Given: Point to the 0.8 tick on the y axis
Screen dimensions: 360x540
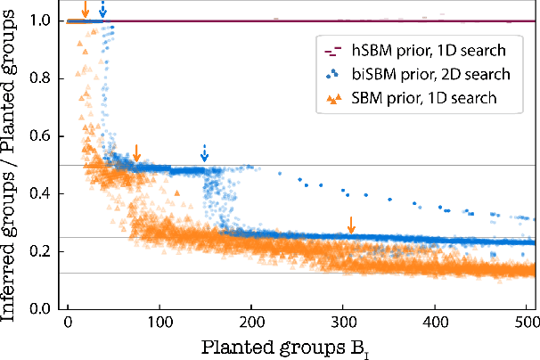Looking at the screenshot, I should pyautogui.click(x=43, y=78).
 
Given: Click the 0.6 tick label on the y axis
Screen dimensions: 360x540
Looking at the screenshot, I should pyautogui.click(x=43, y=136).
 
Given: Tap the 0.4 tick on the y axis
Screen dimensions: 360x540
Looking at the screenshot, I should pyautogui.click(x=43, y=193).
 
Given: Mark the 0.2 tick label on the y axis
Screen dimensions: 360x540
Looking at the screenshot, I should pyautogui.click(x=43, y=251).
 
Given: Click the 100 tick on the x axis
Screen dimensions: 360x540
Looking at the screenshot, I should pyautogui.click(x=160, y=318).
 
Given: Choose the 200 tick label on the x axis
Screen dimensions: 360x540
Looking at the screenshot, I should pyautogui.click(x=251, y=318).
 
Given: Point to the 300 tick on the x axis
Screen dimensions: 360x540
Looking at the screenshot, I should pyautogui.click(x=343, y=318).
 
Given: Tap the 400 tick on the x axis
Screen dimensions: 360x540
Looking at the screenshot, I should pyautogui.click(x=435, y=318).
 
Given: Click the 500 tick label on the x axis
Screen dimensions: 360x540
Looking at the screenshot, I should pyautogui.click(x=527, y=318).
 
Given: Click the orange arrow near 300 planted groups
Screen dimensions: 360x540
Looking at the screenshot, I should pyautogui.click(x=351, y=225).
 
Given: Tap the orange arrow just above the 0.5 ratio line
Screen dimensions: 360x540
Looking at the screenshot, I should pyautogui.click(x=135, y=152).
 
